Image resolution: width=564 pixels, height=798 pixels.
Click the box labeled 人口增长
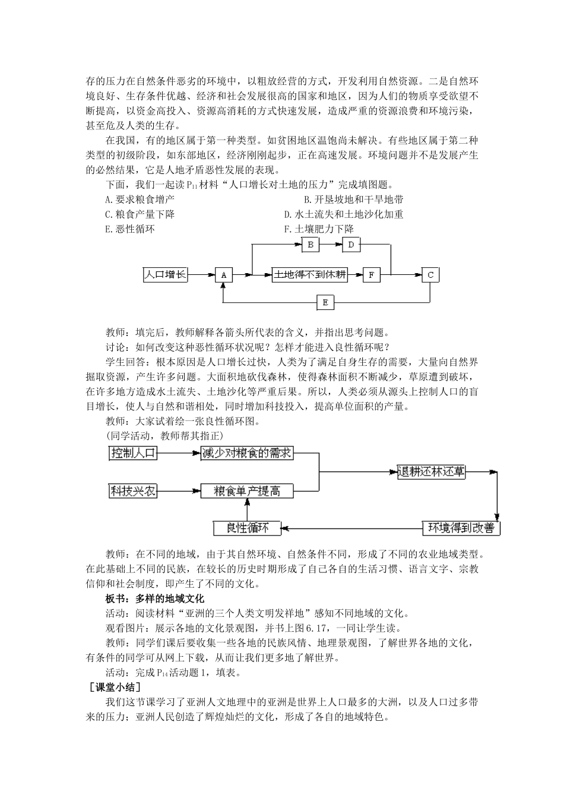coord(165,274)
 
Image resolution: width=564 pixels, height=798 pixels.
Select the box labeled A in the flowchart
coord(224,275)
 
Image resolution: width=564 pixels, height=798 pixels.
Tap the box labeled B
coord(310,244)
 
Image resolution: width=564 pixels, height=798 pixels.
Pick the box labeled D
coord(351,244)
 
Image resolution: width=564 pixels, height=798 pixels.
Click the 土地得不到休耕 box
coord(309,274)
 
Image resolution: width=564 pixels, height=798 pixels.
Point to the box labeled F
coord(371,275)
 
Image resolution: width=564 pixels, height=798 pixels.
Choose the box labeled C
coord(430,275)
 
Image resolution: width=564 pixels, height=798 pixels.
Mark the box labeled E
coord(325,303)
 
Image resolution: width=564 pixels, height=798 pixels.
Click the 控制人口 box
coord(134,453)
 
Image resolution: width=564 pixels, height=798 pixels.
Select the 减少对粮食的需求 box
coord(247,453)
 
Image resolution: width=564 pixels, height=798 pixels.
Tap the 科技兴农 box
coord(133,491)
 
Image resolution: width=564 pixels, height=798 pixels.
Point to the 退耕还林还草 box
coord(431,472)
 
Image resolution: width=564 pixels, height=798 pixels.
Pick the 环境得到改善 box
coord(461,527)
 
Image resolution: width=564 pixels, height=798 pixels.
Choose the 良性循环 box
coord(247,527)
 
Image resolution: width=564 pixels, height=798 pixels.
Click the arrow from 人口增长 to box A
coord(201,275)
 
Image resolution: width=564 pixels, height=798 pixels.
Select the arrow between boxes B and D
coord(331,244)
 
